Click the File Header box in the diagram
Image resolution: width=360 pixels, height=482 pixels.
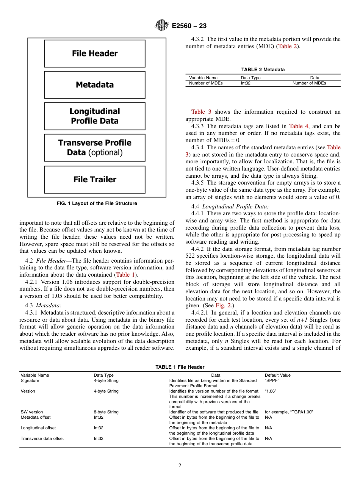pos(95,53)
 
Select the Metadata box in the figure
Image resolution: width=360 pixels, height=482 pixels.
pos(95,85)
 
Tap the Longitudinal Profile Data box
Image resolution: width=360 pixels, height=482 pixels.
pos(95,116)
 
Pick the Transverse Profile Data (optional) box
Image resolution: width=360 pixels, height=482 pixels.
pos(95,148)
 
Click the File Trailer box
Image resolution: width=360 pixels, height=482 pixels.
pos(95,180)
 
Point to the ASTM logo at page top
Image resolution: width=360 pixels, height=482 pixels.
pos(162,26)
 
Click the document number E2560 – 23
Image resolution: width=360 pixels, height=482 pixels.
pos(189,26)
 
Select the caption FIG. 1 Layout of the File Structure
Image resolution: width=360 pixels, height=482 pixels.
pos(97,203)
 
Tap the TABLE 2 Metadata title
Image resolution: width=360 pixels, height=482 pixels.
pos(263,69)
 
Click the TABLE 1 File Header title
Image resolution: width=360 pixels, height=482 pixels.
pos(180,367)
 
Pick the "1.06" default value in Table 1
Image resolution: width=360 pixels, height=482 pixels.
pos(271,391)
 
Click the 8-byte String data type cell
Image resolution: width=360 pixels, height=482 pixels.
pos(106,412)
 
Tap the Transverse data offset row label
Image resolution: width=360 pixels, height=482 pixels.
pos(42,438)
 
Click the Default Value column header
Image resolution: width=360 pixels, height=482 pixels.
pos(278,375)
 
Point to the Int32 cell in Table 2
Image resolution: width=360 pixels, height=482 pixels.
pos(246,83)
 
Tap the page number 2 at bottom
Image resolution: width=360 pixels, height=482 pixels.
pos(180,466)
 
